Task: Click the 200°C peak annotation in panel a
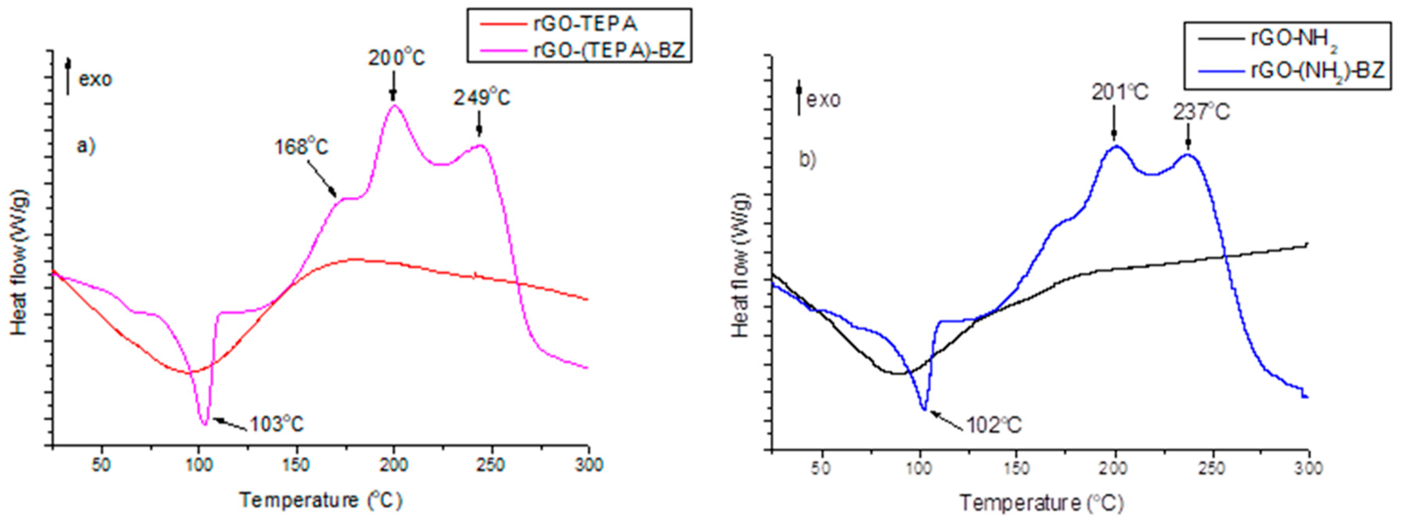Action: coord(396,57)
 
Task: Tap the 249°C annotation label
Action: coord(482,98)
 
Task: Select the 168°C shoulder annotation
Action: coord(301,146)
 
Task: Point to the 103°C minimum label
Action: coord(276,424)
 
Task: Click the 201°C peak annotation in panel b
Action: coord(1120,93)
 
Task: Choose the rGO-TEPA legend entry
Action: coord(585,24)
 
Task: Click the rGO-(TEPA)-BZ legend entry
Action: coord(609,51)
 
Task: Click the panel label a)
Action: coord(86,146)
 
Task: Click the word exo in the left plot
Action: coord(96,79)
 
